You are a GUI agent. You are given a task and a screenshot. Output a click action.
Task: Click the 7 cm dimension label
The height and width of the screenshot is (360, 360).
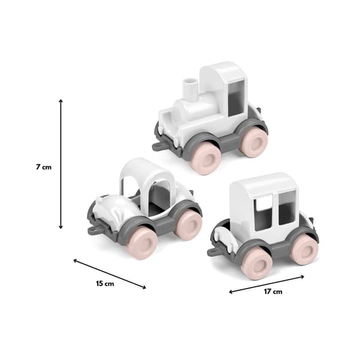point(44,167)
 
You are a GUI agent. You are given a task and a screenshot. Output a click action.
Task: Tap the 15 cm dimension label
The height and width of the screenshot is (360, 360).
point(105,284)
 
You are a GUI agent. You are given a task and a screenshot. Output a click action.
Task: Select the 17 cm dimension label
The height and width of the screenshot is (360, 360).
point(273,292)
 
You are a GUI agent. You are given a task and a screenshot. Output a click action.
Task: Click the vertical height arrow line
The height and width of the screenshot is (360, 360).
point(61,164)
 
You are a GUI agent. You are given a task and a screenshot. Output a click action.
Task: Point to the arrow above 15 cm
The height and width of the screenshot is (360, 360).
point(110,274)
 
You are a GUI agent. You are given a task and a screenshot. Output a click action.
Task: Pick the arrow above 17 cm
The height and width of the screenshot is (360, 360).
point(266,284)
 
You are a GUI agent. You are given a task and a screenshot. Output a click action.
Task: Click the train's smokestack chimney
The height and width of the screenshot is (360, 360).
point(190,89)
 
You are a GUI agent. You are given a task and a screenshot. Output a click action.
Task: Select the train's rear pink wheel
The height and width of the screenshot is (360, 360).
point(254,142)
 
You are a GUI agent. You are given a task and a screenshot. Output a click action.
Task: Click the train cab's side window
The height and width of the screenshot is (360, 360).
point(235,98)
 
